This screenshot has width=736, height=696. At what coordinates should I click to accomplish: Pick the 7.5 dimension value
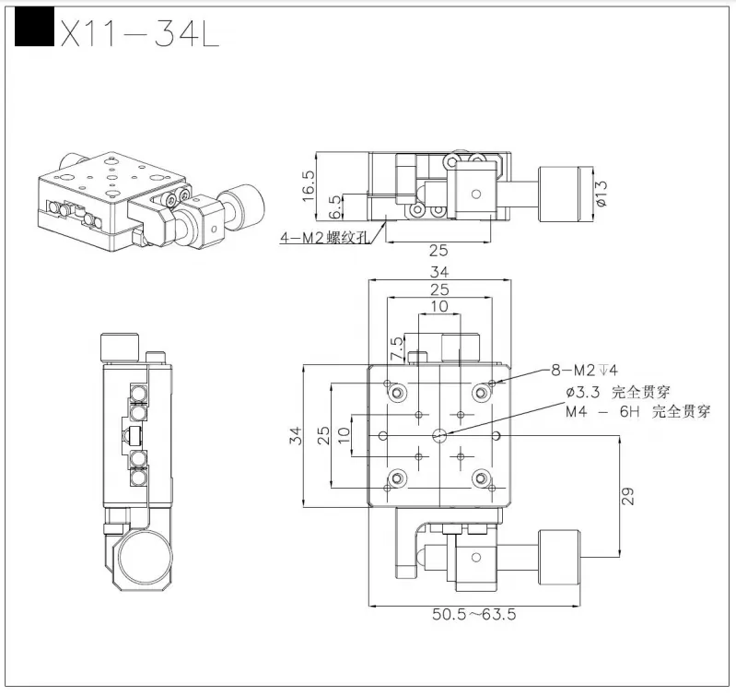click(396, 348)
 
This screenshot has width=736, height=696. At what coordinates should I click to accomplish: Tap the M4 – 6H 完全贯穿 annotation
click(637, 412)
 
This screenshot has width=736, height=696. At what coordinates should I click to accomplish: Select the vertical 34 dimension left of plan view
click(296, 434)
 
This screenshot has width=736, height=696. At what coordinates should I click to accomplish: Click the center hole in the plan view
click(439, 434)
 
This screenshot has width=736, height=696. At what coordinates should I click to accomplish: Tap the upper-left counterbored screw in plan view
click(397, 394)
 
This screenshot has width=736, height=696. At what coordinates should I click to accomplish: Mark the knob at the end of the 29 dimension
click(559, 556)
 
